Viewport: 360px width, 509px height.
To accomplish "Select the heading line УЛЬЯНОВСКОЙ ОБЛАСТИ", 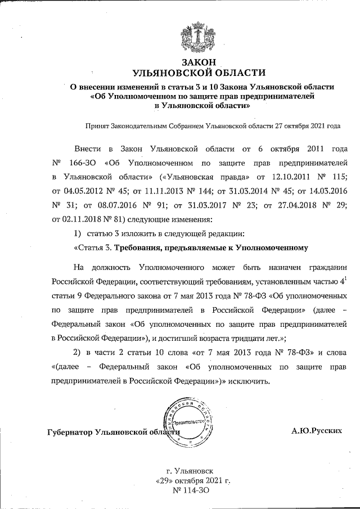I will [197, 73].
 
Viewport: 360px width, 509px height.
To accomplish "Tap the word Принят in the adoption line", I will [97, 127].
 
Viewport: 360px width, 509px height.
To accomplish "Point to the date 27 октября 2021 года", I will [307, 127].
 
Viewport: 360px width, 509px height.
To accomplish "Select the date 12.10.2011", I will [269, 177].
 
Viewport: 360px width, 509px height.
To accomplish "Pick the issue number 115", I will [339, 177].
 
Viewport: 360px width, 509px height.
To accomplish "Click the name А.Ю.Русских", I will [316, 431].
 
